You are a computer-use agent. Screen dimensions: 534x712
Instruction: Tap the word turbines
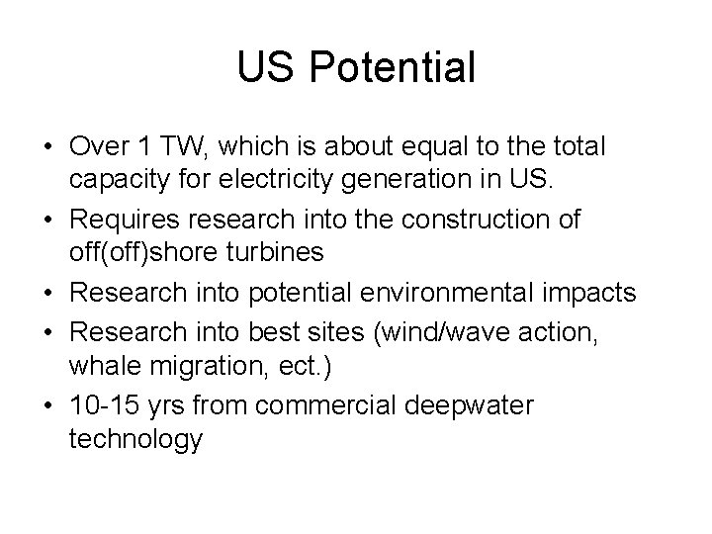(x=275, y=251)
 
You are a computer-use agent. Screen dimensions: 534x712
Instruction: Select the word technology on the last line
(x=135, y=439)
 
